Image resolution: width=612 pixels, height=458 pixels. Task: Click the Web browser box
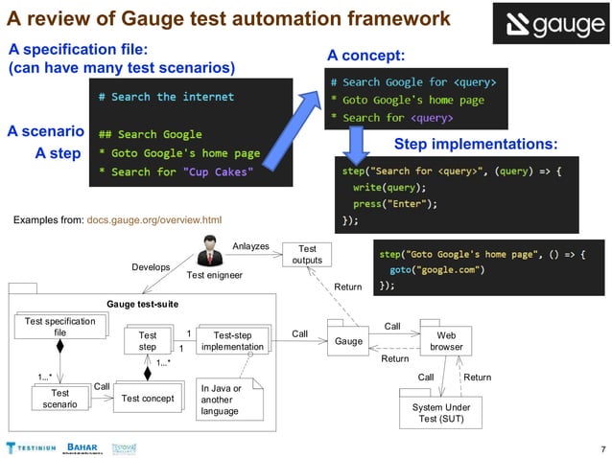click(x=446, y=341)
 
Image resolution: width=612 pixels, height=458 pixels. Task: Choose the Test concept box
click(x=147, y=398)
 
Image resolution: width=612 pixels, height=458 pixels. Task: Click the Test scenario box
click(x=59, y=398)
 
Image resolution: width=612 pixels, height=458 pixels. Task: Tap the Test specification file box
click(x=59, y=328)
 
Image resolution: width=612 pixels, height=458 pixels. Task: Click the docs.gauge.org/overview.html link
click(x=153, y=220)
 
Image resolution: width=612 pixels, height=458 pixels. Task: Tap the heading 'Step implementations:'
click(x=476, y=144)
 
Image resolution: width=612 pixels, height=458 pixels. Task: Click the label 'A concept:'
click(x=365, y=56)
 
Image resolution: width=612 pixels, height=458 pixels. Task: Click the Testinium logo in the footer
click(x=31, y=447)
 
